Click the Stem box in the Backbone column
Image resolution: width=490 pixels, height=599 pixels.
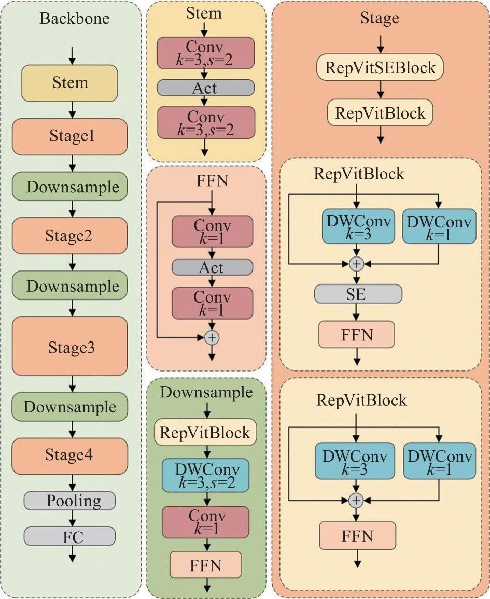pos(69,83)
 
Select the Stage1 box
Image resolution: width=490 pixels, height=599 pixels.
pos(69,137)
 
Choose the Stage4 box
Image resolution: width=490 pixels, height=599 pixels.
pos(69,455)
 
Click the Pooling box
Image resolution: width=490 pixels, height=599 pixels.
pos(69,501)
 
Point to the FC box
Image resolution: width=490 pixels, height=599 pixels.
pos(69,536)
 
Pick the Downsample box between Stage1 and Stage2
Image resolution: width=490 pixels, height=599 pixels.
pos(69,187)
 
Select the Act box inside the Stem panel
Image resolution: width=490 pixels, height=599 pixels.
pos(206,88)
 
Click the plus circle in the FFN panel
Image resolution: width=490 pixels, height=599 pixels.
pos(212,337)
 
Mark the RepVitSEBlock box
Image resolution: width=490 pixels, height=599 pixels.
pos(381,67)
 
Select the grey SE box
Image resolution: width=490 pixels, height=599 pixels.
pos(358,294)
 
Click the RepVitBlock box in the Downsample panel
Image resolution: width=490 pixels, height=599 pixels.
pos(206,432)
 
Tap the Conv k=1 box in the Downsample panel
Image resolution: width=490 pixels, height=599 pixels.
pos(205,522)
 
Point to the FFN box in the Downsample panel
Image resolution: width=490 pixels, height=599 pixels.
pos(205,564)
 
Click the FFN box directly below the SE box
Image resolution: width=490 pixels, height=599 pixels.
pos(357,334)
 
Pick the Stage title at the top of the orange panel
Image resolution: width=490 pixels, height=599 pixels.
pos(380,19)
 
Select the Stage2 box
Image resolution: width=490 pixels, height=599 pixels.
pos(69,236)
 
